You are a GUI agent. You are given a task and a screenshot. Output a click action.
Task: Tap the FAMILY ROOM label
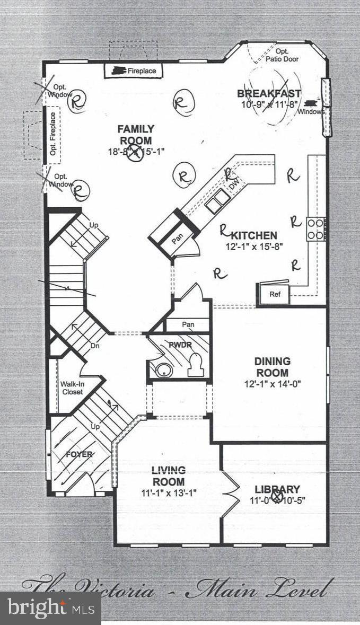(x=136, y=135)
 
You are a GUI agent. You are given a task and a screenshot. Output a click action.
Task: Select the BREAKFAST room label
(x=269, y=94)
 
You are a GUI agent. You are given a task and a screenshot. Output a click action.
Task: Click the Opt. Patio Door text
(x=282, y=55)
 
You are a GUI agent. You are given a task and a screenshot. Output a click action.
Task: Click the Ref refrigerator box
(x=275, y=294)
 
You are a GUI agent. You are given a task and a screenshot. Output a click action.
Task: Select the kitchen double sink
(x=217, y=201)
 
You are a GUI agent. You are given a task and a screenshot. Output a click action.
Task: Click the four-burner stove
(x=315, y=229)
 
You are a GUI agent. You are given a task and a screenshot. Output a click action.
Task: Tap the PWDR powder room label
(x=177, y=345)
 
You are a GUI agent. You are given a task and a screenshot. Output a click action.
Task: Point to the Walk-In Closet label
(x=72, y=388)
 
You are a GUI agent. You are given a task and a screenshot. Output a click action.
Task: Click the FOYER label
(x=79, y=454)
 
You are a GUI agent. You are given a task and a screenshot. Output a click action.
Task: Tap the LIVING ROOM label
(x=169, y=476)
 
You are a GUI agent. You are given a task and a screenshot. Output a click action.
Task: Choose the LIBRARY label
(x=277, y=489)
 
